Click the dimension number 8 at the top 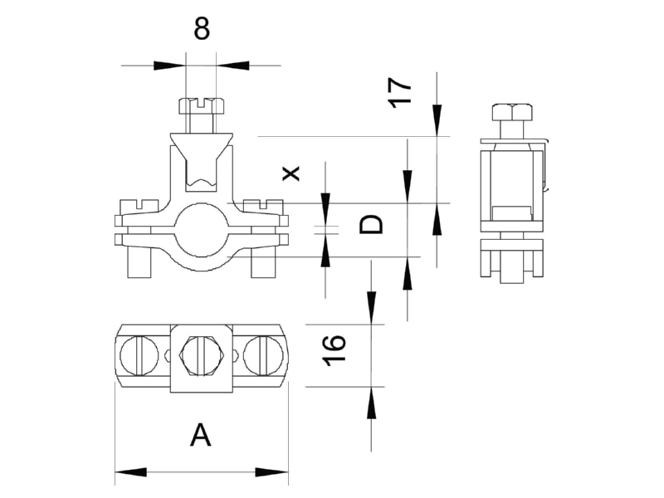pos(202,29)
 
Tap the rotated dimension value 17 pos(400,92)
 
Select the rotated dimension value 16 pos(334,349)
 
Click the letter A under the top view pos(200,437)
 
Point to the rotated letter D pos(371,224)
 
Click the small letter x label pos(291,173)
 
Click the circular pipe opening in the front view pos(202,230)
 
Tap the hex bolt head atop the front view pos(202,106)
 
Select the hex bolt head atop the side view pos(512,112)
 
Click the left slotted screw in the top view pos(139,356)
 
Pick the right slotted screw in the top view pos(263,356)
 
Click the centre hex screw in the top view pos(202,356)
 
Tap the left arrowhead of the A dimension pos(130,472)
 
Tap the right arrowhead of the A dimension pos(272,472)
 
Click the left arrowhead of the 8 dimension pos(169,66)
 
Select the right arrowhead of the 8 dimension pos(232,66)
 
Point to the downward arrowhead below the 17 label pos(437,120)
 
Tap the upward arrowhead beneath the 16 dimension pos(371,403)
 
